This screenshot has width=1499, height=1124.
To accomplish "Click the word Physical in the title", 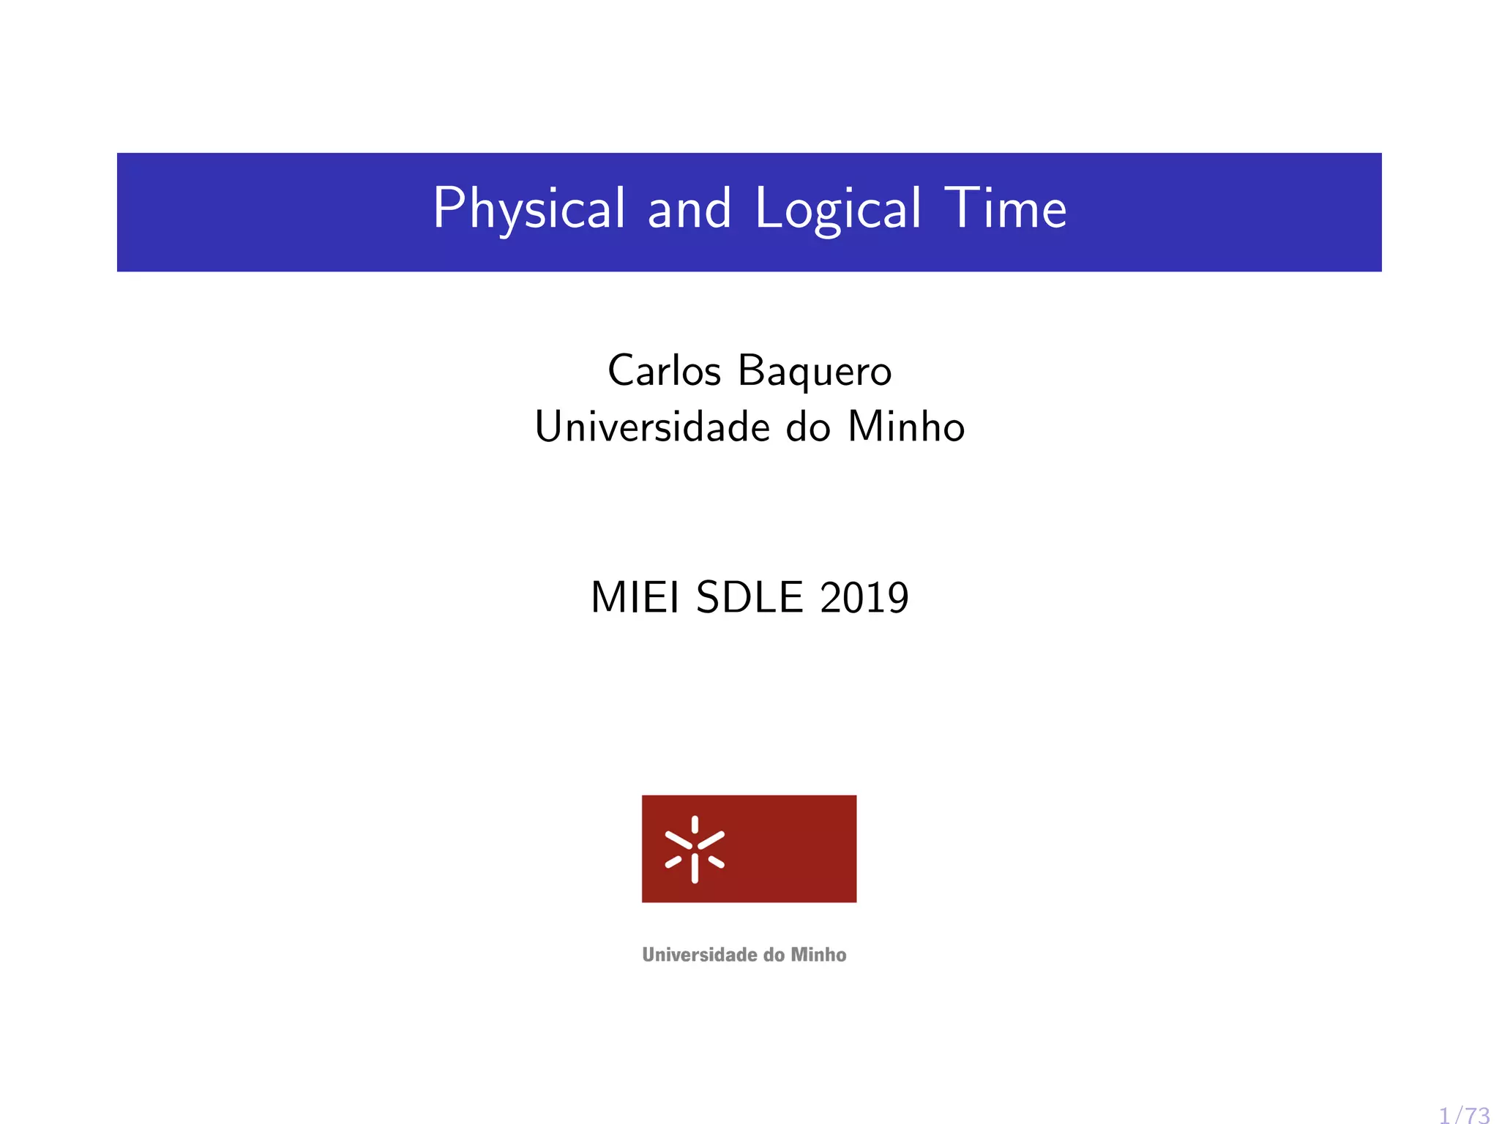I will pos(528,209).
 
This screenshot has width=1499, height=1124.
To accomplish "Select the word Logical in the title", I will pos(837,209).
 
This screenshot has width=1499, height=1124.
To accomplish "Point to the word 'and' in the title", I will pos(689,209).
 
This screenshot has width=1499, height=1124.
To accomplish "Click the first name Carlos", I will pos(664,370).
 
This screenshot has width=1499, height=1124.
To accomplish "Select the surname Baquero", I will pos(815,372).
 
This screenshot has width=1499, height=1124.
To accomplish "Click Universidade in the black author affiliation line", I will pos(652,427).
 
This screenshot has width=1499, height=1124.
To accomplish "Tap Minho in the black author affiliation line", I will pos(906,427).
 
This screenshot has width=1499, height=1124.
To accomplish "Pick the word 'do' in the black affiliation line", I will pos(808,427).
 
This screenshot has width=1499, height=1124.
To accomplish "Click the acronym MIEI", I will pos(635,597).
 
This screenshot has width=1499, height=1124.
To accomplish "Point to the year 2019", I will pos(864,597).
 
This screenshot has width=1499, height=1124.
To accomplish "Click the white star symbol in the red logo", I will pos(695,849).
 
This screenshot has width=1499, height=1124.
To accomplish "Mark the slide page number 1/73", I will pos(1464,1115).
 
